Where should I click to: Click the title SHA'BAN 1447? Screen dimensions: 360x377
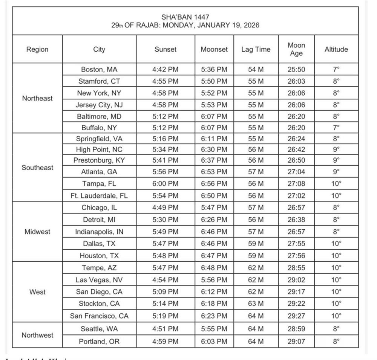[x=185, y=17]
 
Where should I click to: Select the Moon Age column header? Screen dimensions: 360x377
[x=296, y=49]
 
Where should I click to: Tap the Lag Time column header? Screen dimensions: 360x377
[x=256, y=49]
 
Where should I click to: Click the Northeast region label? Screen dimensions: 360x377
[x=37, y=98]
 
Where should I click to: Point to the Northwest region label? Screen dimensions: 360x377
[x=37, y=335]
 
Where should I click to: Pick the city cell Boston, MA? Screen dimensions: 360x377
[x=99, y=69]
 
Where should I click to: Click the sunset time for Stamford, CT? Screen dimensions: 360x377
[x=166, y=81]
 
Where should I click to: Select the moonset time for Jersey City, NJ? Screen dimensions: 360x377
[x=214, y=105]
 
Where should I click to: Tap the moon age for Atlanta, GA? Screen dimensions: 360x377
[x=296, y=172]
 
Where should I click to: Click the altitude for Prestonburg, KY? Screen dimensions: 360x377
[x=336, y=160]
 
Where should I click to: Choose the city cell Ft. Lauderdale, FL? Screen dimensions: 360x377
[x=99, y=195]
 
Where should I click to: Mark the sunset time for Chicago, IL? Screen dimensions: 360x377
[x=166, y=207]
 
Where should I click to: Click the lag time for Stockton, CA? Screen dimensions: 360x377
[x=256, y=304]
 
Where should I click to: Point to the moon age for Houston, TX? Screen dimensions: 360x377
[x=296, y=256]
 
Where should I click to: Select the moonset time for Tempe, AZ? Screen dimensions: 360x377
[x=214, y=268]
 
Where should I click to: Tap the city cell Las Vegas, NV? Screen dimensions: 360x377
[x=99, y=280]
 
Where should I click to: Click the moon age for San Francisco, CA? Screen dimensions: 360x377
[x=296, y=316]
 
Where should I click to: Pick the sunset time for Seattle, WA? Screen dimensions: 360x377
[x=166, y=329]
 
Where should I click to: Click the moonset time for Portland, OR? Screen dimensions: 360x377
[x=214, y=342]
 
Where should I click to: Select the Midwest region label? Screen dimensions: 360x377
[x=37, y=232]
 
